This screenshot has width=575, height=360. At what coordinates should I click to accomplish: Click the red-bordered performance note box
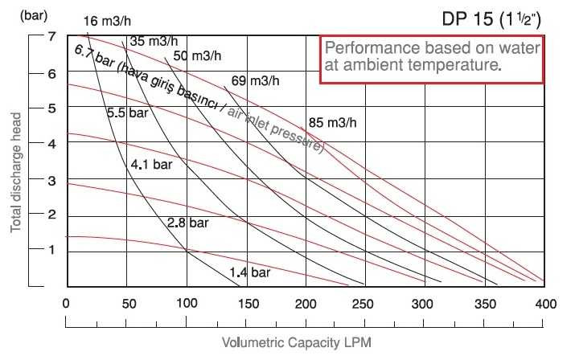click(433, 58)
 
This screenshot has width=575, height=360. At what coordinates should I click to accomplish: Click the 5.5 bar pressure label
click(128, 114)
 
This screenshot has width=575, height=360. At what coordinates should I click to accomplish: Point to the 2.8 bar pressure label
click(188, 221)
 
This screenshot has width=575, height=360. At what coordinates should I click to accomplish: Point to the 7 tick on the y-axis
click(50, 37)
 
